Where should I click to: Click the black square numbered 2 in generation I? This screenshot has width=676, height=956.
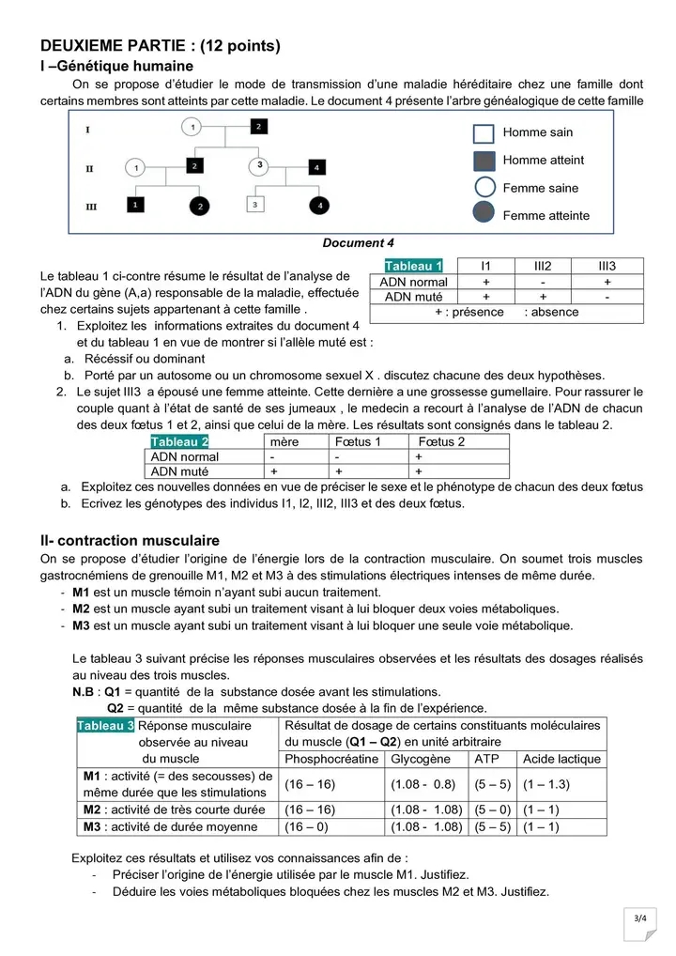tap(258, 125)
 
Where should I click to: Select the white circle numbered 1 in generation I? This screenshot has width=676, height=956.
tap(191, 125)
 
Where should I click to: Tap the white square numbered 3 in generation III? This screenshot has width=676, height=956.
tap(253, 203)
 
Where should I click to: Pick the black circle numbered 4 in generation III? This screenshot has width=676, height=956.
tap(320, 204)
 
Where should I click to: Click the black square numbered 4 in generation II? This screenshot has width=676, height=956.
tap(316, 167)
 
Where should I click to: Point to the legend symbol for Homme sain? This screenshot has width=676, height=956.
tap(484, 133)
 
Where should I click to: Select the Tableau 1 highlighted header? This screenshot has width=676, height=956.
tap(413, 267)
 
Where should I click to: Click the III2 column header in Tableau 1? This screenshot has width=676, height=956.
tap(542, 267)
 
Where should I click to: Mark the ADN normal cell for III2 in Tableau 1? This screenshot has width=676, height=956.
tap(542, 282)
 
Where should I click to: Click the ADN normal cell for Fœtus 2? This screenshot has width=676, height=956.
tap(419, 456)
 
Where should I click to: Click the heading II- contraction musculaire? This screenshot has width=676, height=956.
tap(130, 541)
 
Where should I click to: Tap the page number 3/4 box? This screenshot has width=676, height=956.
tap(644, 917)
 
